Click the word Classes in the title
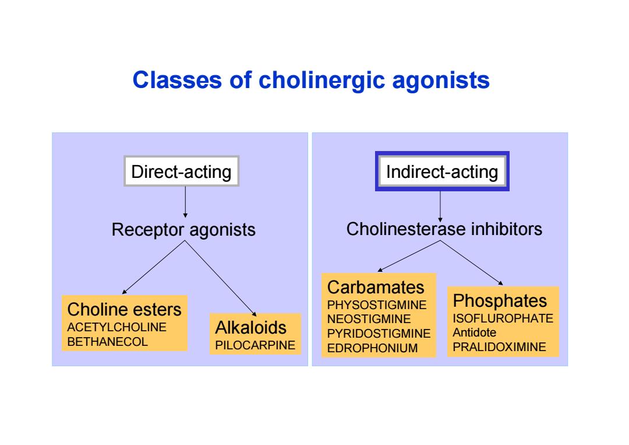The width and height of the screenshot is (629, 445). tap(177, 79)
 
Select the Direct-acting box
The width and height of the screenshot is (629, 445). tap(181, 171)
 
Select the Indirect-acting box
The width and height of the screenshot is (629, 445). tap(442, 171)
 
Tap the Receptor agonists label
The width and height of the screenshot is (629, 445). tap(183, 230)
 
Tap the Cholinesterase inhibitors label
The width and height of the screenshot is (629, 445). tap(444, 229)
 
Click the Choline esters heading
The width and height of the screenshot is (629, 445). tap(125, 309)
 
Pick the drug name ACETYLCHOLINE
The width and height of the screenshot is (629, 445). tap(116, 327)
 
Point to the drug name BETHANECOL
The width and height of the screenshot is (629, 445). tap(108, 342)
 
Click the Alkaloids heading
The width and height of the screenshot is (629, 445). tap(250, 327)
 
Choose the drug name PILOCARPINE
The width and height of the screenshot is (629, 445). tap(255, 345)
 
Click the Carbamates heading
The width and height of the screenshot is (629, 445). tap(376, 287)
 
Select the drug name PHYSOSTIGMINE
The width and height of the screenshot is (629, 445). tap(377, 305)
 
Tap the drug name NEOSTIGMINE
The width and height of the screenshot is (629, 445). tap(369, 319)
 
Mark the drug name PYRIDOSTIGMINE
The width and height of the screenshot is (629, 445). tap(379, 334)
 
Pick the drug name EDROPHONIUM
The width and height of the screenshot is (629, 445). tap(372, 348)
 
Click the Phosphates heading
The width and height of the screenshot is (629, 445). tap(500, 301)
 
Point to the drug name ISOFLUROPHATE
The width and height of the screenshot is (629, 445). tap(503, 318)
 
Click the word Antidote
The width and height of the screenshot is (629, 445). tap(475, 332)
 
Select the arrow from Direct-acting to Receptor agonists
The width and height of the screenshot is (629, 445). tap(185, 202)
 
